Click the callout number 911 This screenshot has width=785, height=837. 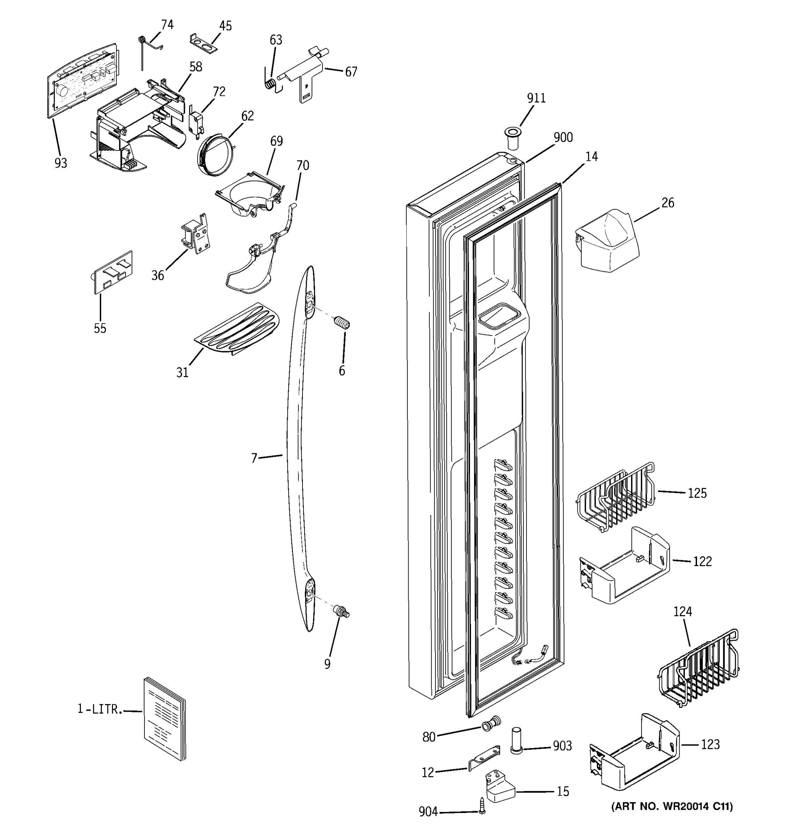[536, 98]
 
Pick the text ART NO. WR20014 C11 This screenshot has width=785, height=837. [672, 806]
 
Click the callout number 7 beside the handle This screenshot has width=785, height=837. [254, 458]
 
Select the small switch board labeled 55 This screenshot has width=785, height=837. [113, 272]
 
